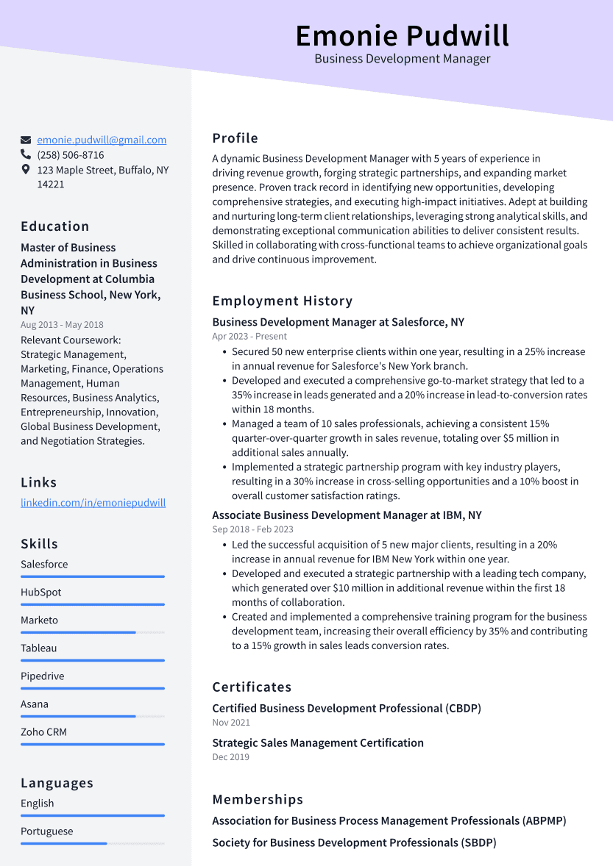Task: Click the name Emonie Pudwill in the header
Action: tap(402, 35)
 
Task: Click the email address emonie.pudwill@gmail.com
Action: tap(102, 140)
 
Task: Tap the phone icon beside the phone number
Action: tap(26, 155)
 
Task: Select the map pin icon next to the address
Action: tap(26, 170)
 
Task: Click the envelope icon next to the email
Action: tap(26, 140)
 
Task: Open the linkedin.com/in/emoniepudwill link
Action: tap(93, 503)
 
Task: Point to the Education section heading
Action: tap(54, 226)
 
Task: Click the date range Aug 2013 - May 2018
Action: tap(62, 325)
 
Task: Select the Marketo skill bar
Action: tap(93, 632)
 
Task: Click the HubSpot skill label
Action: tap(41, 593)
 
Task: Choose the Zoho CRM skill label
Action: tap(43, 732)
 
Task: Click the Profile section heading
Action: tap(235, 138)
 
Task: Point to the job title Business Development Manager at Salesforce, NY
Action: tap(338, 322)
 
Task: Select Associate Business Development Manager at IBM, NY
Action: tap(347, 515)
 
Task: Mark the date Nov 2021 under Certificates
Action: tap(231, 723)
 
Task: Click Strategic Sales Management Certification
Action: tap(318, 742)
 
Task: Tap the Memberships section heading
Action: tap(258, 799)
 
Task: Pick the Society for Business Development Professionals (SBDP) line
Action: tap(354, 842)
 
